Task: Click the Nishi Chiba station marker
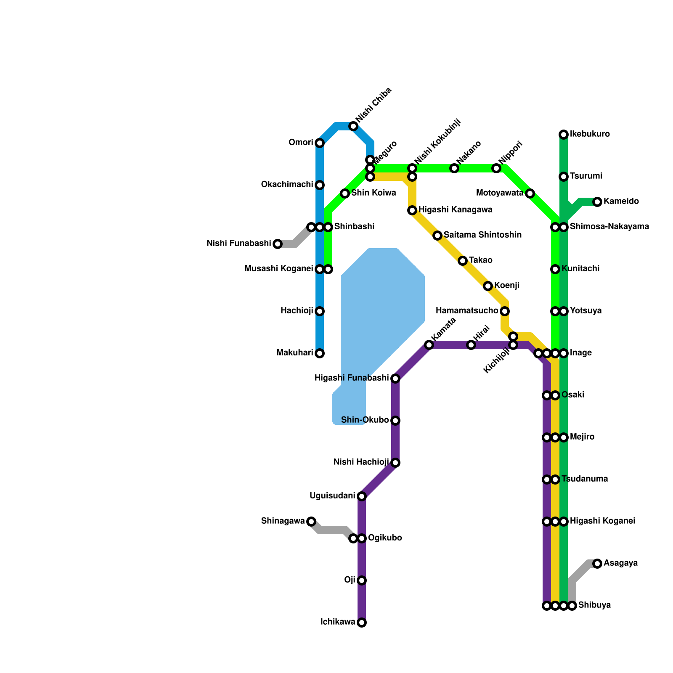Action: point(353,126)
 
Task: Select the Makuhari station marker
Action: point(320,353)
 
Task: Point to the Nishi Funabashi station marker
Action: point(278,244)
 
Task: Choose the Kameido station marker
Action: point(597,202)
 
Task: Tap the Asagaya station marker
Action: point(597,564)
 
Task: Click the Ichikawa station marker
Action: point(362,623)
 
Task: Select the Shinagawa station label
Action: point(283,521)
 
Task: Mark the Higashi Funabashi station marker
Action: point(395,379)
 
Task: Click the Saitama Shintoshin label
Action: point(482,235)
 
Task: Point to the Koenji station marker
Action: point(488,286)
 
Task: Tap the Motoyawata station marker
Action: point(530,193)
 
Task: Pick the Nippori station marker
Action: point(496,168)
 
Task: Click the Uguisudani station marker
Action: point(362,496)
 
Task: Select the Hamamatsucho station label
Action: point(467,311)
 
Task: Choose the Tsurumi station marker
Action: point(564,177)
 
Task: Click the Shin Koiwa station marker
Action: point(345,193)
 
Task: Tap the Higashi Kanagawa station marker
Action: point(412,210)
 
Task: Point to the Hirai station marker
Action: point(471,345)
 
